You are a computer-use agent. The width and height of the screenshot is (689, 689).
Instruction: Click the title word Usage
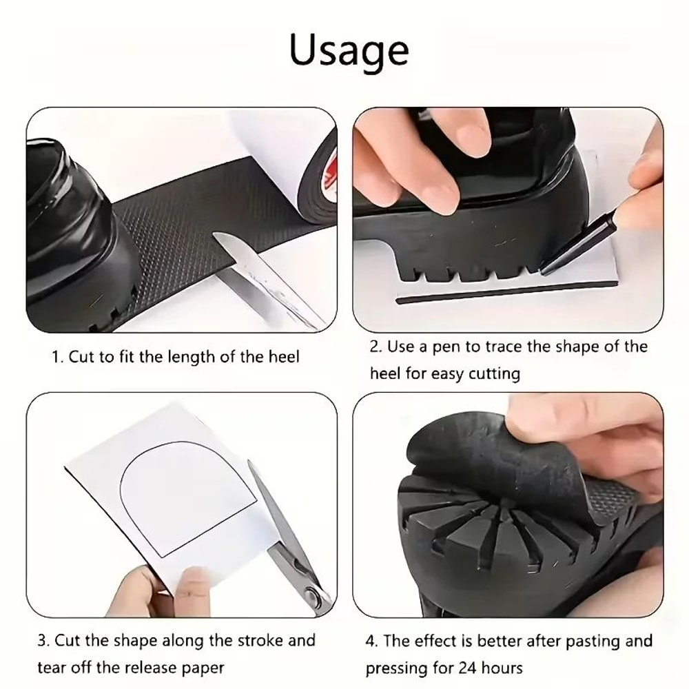pyautogui.click(x=349, y=50)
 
